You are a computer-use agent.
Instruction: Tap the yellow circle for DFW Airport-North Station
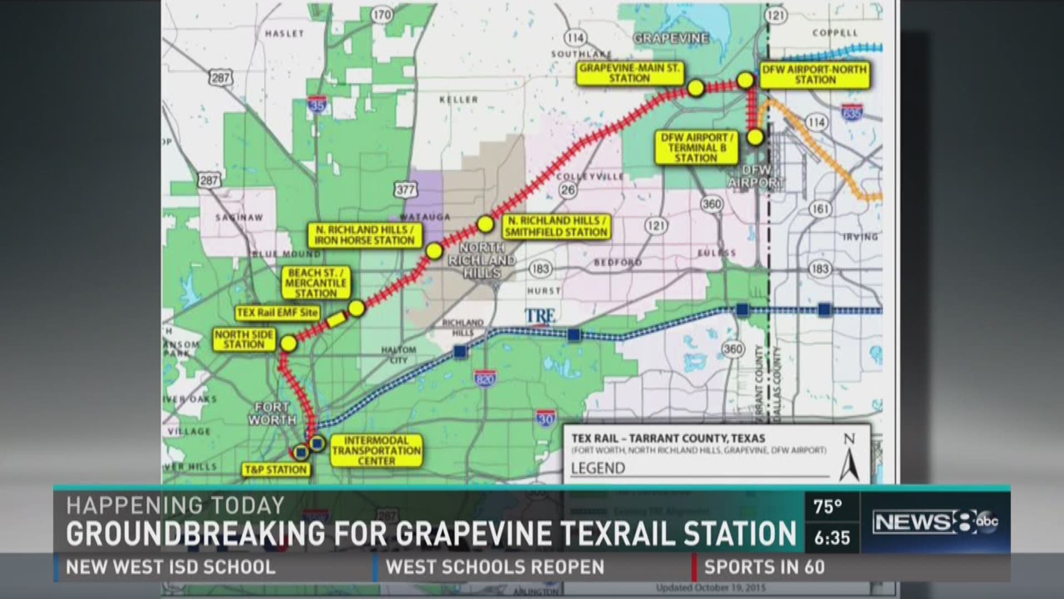pyautogui.click(x=745, y=80)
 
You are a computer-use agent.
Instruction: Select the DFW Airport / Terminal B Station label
pyautogui.click(x=696, y=148)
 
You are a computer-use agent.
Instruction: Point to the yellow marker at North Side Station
pyautogui.click(x=289, y=343)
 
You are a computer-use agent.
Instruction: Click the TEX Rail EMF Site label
pyautogui.click(x=278, y=313)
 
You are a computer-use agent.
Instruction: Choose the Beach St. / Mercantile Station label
pyautogui.click(x=316, y=283)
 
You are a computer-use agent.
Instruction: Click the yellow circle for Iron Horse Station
pyautogui.click(x=434, y=251)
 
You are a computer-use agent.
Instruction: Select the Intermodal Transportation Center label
pyautogui.click(x=376, y=450)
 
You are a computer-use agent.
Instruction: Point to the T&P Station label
pyautogui.click(x=275, y=470)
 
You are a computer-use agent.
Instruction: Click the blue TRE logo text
pyautogui.click(x=540, y=317)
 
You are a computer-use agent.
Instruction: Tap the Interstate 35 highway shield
pyautogui.click(x=316, y=104)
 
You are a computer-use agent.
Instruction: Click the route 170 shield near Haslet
pyautogui.click(x=382, y=15)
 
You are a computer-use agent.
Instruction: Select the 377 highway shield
pyautogui.click(x=405, y=190)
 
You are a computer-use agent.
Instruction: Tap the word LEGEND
pyautogui.click(x=598, y=468)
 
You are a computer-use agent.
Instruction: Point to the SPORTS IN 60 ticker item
pyautogui.click(x=764, y=567)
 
